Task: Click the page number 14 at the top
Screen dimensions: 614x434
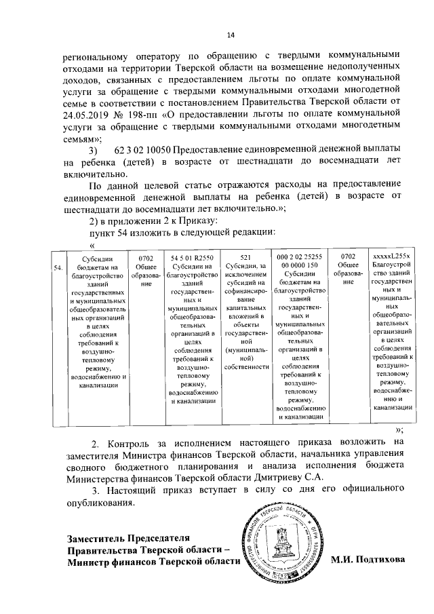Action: pos(230,35)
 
